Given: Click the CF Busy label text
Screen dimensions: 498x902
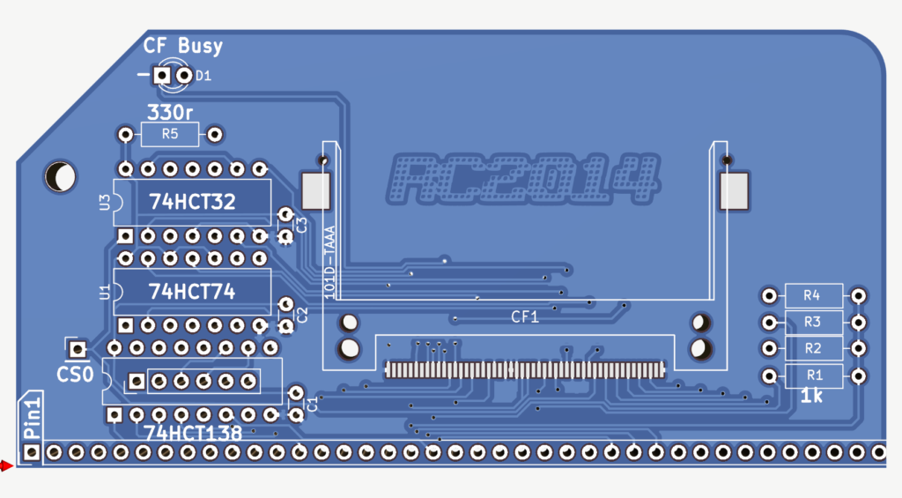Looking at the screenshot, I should pyautogui.click(x=183, y=46).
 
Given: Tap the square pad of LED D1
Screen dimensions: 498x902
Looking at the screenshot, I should pyautogui.click(x=162, y=77).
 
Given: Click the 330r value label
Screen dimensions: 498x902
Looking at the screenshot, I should pyautogui.click(x=171, y=113).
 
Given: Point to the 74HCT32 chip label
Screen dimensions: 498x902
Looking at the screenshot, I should pyautogui.click(x=192, y=202).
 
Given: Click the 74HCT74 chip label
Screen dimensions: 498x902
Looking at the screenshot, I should pyautogui.click(x=192, y=292).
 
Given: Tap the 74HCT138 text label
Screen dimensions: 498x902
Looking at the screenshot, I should pyautogui.click(x=194, y=433).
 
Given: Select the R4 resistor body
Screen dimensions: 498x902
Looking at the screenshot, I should pyautogui.click(x=812, y=295).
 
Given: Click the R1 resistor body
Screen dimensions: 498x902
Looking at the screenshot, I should pyautogui.click(x=812, y=375).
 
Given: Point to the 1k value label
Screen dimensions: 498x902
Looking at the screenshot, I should pyautogui.click(x=811, y=398).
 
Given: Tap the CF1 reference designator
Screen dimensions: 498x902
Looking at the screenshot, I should pyautogui.click(x=525, y=316).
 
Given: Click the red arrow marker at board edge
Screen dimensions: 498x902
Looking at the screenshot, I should pyautogui.click(x=7, y=466).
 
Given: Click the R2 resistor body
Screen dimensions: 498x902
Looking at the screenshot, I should pyautogui.click(x=812, y=348).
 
